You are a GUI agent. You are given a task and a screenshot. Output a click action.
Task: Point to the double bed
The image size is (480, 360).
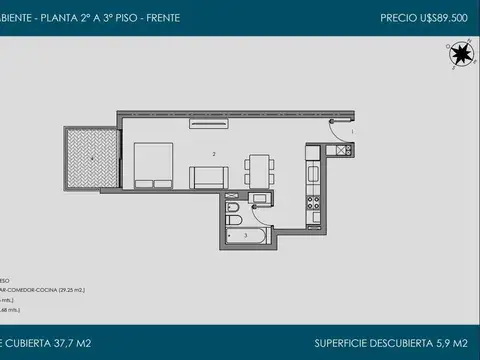(153, 165)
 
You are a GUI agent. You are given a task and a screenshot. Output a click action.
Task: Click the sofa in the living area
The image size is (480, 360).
(207, 177)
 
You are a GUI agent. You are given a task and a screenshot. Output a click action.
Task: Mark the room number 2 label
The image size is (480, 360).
(214, 154)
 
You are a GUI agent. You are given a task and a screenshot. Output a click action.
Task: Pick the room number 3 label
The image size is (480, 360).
(246, 235)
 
